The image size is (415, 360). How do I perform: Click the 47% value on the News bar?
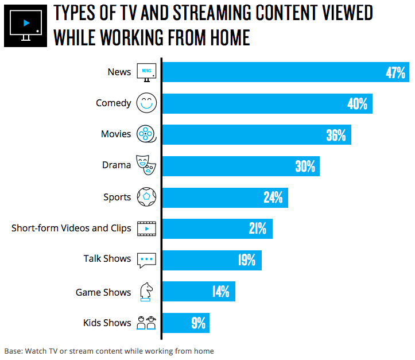pyautogui.click(x=395, y=73)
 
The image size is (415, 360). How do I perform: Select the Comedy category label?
pyautogui.click(x=114, y=103)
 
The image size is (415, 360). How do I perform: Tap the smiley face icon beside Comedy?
pyautogui.click(x=146, y=103)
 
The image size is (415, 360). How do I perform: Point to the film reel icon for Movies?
pyautogui.click(x=147, y=134)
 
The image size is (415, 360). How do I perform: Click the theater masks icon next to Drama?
pyautogui.click(x=146, y=165)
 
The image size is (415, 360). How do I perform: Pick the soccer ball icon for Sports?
pyautogui.click(x=146, y=197)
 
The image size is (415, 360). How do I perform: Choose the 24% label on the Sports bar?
pyautogui.click(x=273, y=198)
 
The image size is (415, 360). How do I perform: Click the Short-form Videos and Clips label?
pyautogui.click(x=71, y=228)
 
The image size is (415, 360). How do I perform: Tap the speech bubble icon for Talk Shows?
pyautogui.click(x=146, y=260)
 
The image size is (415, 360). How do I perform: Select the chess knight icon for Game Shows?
pyautogui.click(x=146, y=292)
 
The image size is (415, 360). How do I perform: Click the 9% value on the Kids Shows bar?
pyautogui.click(x=198, y=323)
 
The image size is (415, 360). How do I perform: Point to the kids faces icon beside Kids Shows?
pyautogui.click(x=146, y=323)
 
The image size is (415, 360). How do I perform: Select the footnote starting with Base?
pyautogui.click(x=109, y=351)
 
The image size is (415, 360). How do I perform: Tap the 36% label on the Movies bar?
pyautogui.click(x=336, y=136)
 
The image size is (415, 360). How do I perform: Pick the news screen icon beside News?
pyautogui.click(x=146, y=72)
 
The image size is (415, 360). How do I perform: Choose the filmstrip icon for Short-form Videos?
pyautogui.click(x=146, y=228)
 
